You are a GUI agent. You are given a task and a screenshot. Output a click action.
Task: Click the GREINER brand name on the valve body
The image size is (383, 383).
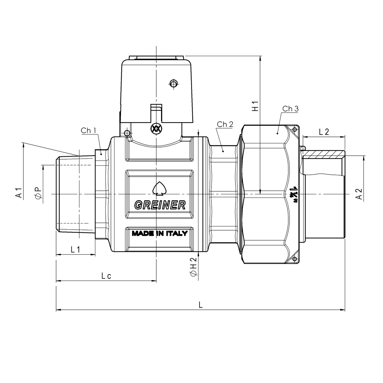(160, 205)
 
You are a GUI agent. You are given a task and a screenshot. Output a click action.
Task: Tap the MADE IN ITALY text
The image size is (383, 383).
(159, 233)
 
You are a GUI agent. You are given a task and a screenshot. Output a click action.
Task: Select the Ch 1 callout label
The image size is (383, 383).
(88, 131)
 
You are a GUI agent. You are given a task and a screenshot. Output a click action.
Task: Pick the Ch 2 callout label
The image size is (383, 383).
(225, 124)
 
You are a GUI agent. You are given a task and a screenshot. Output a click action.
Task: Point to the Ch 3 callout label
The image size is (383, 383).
(290, 109)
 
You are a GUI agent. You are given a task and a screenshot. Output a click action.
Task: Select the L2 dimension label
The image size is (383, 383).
(324, 132)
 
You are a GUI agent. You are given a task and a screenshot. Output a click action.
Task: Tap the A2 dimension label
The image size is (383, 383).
(359, 194)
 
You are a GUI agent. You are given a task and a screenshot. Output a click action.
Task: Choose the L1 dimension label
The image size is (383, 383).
(75, 249)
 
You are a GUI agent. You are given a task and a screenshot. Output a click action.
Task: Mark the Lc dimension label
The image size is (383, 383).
(106, 276)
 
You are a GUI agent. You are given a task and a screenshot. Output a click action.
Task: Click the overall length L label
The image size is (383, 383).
(201, 305)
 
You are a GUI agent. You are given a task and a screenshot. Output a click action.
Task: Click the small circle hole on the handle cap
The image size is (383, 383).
(174, 84)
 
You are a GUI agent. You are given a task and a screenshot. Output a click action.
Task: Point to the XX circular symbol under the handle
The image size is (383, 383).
(156, 128)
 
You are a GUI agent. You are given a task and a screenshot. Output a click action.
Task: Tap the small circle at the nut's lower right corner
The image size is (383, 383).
(294, 259)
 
